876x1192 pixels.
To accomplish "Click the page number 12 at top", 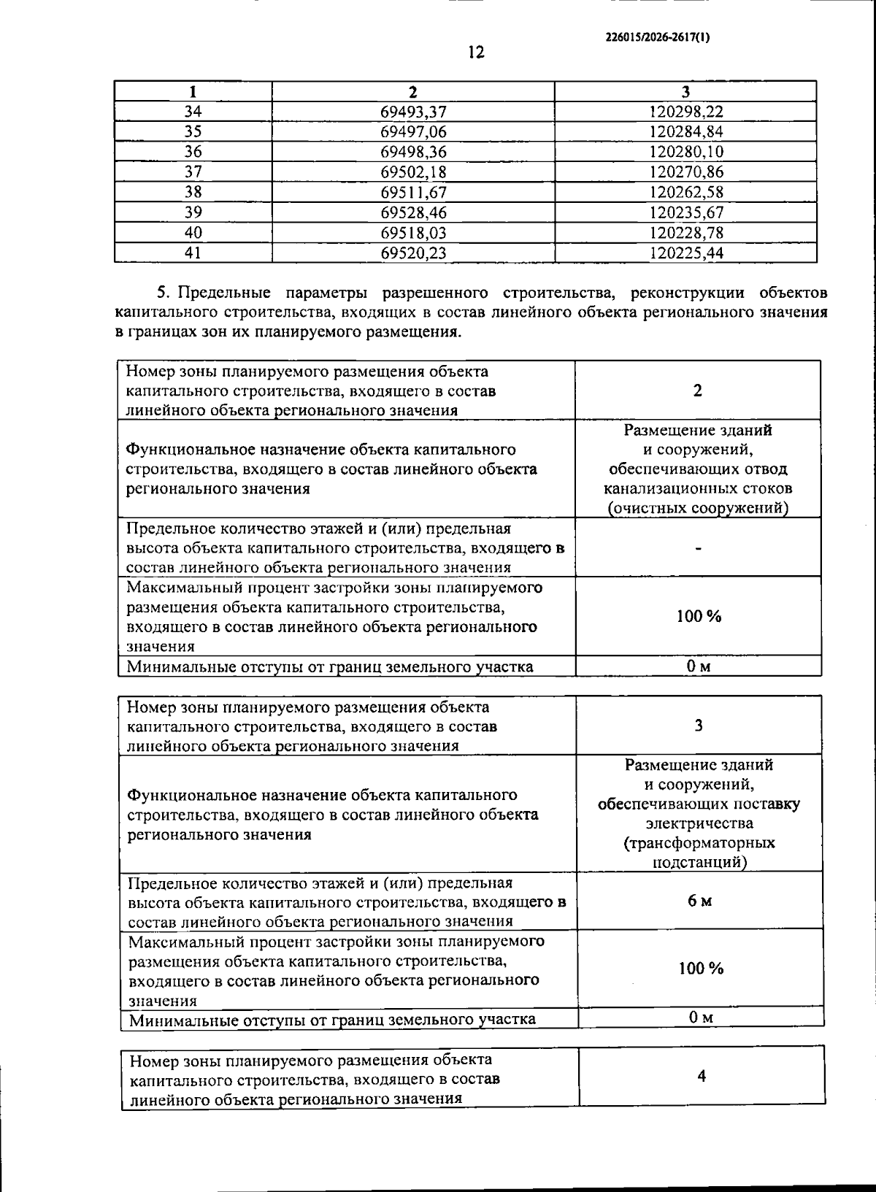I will [x=476, y=53].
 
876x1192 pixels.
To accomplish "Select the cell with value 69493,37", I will [x=413, y=112].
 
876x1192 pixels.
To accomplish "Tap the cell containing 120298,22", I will [x=685, y=112].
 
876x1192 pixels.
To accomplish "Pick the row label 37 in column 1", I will [x=193, y=172].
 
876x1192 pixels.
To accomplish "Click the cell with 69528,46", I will [x=413, y=212].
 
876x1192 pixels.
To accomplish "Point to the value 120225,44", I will [x=685, y=253].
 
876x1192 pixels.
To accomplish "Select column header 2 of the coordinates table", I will [x=413, y=92].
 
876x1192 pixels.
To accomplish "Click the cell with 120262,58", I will [x=685, y=193].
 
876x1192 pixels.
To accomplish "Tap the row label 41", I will [x=193, y=253].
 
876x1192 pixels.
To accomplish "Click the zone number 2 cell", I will [x=698, y=391].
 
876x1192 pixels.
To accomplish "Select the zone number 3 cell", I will [x=699, y=726].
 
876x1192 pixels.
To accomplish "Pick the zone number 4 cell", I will [x=702, y=1077].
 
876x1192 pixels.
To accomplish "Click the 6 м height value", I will [x=699, y=901].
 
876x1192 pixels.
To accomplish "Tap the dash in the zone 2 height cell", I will [x=699, y=549].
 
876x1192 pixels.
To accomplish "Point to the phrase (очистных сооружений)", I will [x=698, y=508].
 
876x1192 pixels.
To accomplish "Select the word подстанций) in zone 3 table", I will [x=699, y=862].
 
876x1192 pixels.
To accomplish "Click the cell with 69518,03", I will [x=413, y=233].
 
